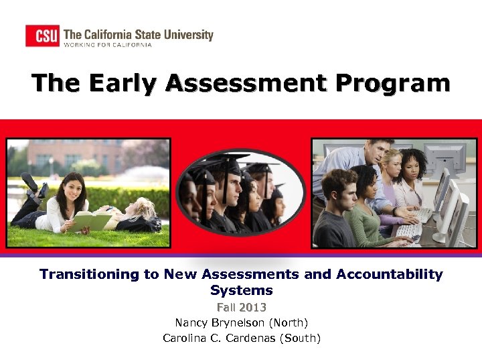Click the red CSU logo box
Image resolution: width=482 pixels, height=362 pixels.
coord(43,35)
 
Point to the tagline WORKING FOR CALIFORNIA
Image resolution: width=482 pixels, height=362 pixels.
coord(108,45)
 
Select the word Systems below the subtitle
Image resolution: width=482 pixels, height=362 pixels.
coord(242,290)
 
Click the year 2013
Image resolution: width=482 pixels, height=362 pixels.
coord(252,307)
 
